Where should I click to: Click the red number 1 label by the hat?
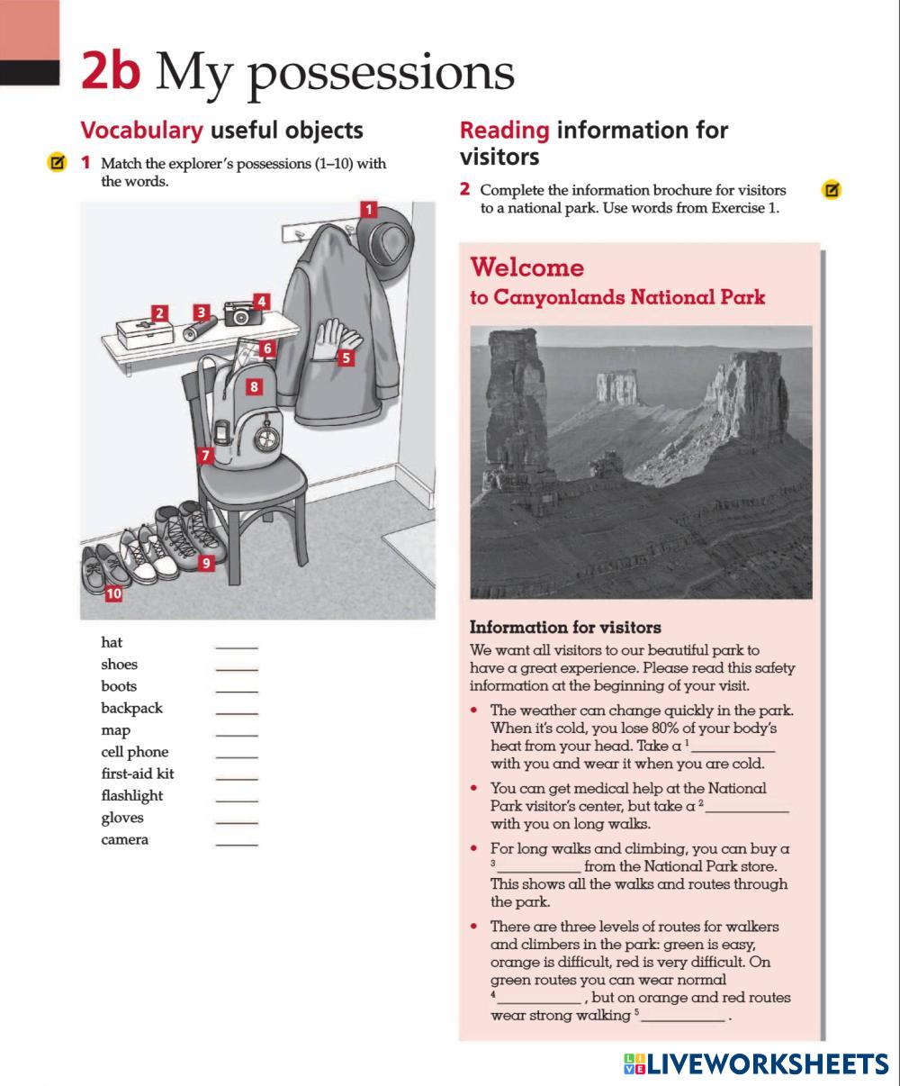[368, 210]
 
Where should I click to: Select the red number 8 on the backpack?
[255, 387]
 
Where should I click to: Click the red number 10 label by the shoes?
[113, 593]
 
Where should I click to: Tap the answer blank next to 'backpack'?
[236, 712]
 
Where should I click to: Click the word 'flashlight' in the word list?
[131, 795]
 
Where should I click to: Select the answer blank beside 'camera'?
[236, 844]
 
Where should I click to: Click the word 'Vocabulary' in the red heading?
[141, 130]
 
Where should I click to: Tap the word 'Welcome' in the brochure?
[526, 267]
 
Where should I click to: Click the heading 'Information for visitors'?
[565, 628]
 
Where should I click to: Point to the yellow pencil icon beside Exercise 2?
[832, 190]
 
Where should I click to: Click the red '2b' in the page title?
[110, 71]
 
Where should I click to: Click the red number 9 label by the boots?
[206, 564]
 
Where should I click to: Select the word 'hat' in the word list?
[112, 642]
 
